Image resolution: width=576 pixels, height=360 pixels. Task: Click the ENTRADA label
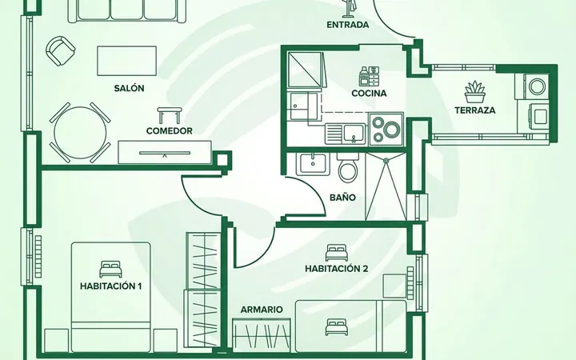[347, 25]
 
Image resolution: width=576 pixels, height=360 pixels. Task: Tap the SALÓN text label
[129, 88]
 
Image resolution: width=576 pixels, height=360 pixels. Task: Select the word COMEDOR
[170, 130]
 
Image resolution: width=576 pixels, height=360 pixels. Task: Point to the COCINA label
[369, 94]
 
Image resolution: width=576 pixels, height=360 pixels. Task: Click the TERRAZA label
[475, 110]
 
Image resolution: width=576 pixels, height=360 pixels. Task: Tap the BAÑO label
[342, 198]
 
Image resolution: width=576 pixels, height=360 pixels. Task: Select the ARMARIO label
[262, 310]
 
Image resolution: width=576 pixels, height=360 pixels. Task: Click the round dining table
[80, 133]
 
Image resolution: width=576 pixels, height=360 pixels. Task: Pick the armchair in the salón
[60, 50]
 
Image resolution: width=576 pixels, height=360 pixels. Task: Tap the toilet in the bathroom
[347, 168]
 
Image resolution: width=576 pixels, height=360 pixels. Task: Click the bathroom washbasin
[313, 164]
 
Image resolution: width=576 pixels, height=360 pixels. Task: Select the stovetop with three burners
[386, 130]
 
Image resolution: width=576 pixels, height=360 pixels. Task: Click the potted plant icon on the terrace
[475, 92]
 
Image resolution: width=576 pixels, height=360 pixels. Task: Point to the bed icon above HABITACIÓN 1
[110, 270]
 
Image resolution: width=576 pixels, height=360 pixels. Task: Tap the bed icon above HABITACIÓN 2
[337, 252]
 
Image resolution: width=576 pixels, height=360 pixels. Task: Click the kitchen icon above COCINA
[369, 76]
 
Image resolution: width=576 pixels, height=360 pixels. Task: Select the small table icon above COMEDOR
[170, 115]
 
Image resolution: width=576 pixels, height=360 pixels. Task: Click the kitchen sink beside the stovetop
[346, 134]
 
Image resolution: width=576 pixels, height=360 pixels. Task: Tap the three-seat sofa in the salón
[126, 11]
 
